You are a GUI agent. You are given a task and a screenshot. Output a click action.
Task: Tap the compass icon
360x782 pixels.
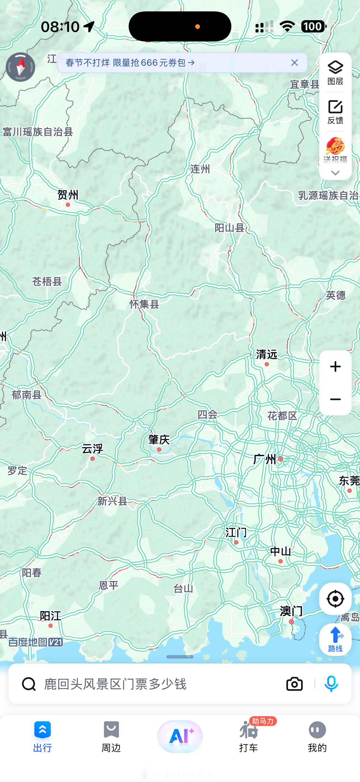pos(20,67)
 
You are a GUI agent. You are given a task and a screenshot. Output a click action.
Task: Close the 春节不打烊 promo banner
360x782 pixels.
pos(294,62)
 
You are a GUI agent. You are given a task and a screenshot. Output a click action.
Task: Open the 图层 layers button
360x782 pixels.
pos(335,73)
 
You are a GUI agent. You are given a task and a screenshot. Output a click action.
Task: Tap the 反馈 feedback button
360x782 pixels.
pos(335,112)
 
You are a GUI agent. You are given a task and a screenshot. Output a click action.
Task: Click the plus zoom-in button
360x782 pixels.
pos(335,367)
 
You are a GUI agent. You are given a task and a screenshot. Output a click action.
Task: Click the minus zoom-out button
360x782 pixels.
pos(335,399)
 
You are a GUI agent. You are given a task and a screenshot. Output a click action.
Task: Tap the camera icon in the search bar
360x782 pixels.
pos(294,684)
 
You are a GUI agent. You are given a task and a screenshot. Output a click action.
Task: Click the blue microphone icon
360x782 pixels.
pos(331,684)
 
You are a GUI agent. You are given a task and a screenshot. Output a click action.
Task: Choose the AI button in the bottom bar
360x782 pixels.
pos(180,736)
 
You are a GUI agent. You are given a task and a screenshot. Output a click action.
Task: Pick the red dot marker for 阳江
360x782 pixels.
pos(51,626)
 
